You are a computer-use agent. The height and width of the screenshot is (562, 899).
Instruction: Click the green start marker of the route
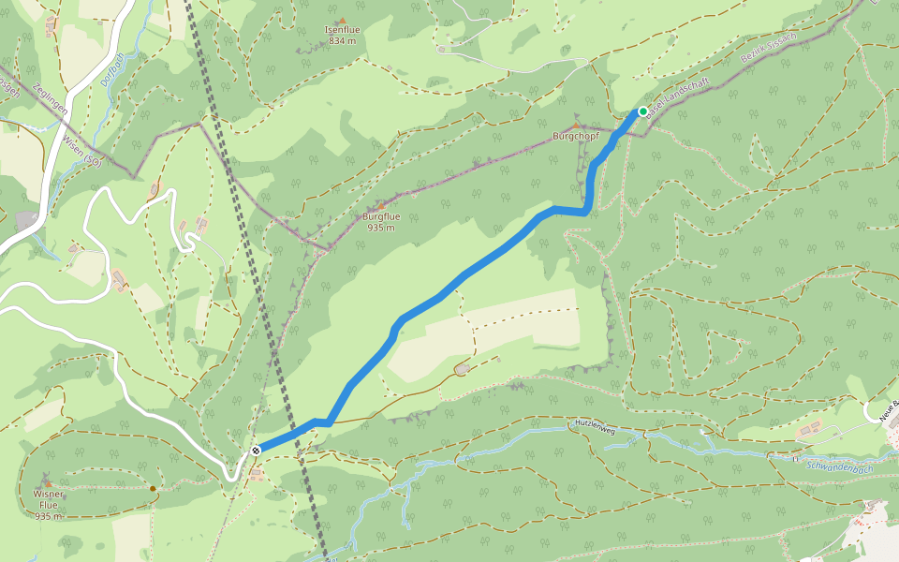643,111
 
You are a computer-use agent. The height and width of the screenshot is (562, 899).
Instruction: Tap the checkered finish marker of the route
256,451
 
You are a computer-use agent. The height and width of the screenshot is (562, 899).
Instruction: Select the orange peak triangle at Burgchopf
575,126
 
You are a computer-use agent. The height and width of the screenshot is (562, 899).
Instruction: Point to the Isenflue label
342,30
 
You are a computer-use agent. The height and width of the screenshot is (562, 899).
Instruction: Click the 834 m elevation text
342,41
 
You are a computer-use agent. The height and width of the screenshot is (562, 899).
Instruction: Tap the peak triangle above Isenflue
342,20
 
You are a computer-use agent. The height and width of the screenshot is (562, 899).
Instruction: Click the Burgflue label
381,216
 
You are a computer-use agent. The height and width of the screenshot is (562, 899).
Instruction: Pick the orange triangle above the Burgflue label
381,205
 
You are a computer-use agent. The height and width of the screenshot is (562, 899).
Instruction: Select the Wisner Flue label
49,498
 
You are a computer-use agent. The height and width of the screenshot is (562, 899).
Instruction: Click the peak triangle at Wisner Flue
49,482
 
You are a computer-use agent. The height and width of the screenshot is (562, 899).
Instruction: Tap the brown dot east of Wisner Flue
153,488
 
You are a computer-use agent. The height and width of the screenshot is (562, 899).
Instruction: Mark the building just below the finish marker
257,474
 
